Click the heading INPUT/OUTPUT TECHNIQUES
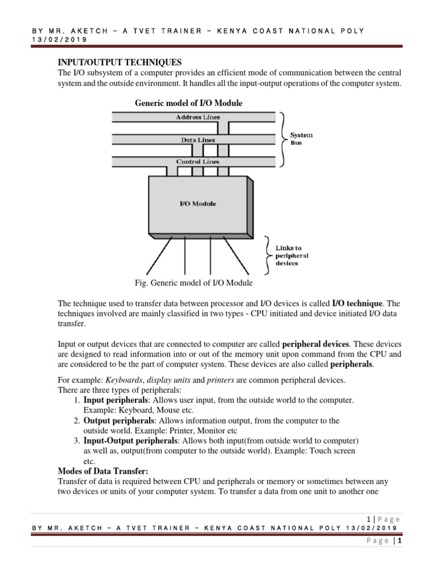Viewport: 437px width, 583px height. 120,62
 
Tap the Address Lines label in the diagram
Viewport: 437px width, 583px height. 197,117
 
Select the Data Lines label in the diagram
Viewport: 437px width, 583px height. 197,139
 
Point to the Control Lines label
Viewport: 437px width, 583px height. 197,162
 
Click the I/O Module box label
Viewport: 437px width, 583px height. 197,203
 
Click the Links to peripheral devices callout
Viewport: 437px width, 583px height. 292,256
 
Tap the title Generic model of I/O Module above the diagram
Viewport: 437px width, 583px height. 188,103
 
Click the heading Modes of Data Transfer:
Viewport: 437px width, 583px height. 103,471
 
